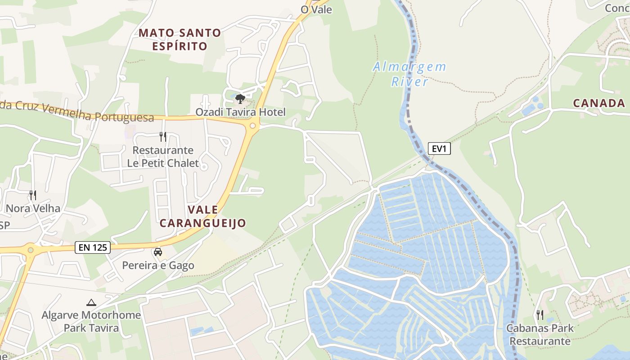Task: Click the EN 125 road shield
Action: click(93, 247)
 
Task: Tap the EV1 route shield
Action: click(439, 148)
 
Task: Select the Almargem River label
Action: click(409, 74)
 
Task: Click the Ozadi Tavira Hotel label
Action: click(240, 112)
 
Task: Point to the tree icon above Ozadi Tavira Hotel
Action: click(240, 99)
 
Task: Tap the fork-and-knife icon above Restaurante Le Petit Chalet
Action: click(163, 136)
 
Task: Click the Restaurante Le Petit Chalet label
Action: click(163, 157)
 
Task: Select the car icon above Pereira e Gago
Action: click(158, 252)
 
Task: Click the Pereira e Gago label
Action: click(158, 265)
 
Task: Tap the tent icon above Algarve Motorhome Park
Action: click(91, 302)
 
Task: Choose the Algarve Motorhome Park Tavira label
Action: click(91, 321)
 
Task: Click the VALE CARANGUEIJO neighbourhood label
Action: click(203, 216)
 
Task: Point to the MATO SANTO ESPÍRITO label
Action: click(180, 40)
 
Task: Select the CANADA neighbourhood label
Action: click(599, 103)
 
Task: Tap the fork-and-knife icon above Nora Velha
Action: click(32, 195)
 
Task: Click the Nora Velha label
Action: click(33, 208)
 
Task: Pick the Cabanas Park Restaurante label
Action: click(540, 334)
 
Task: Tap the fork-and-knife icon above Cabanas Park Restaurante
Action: click(540, 315)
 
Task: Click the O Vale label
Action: click(316, 9)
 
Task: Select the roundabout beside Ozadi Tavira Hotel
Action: click(252, 126)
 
